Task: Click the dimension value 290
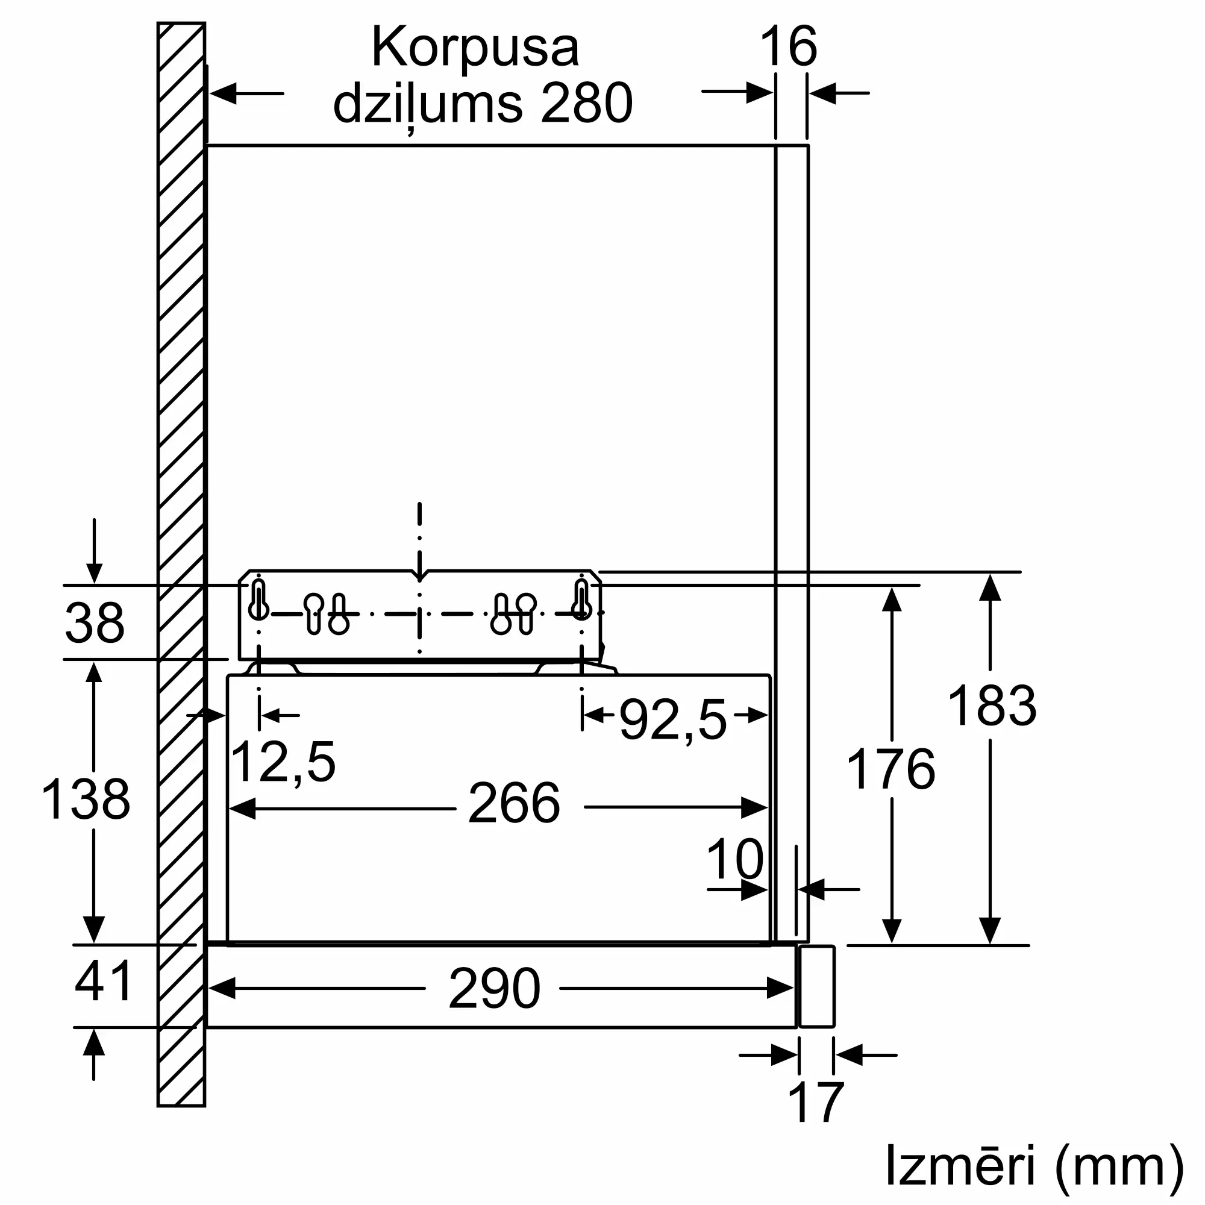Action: (494, 989)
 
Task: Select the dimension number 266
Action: (514, 803)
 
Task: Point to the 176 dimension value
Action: (890, 769)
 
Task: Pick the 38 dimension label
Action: (95, 623)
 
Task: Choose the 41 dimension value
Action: (104, 981)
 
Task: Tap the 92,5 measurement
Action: (673, 720)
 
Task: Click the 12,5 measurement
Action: (283, 762)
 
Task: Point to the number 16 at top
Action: (788, 47)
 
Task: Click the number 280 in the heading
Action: (587, 103)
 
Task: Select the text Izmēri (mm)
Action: (1034, 1165)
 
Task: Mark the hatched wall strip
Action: (181, 562)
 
